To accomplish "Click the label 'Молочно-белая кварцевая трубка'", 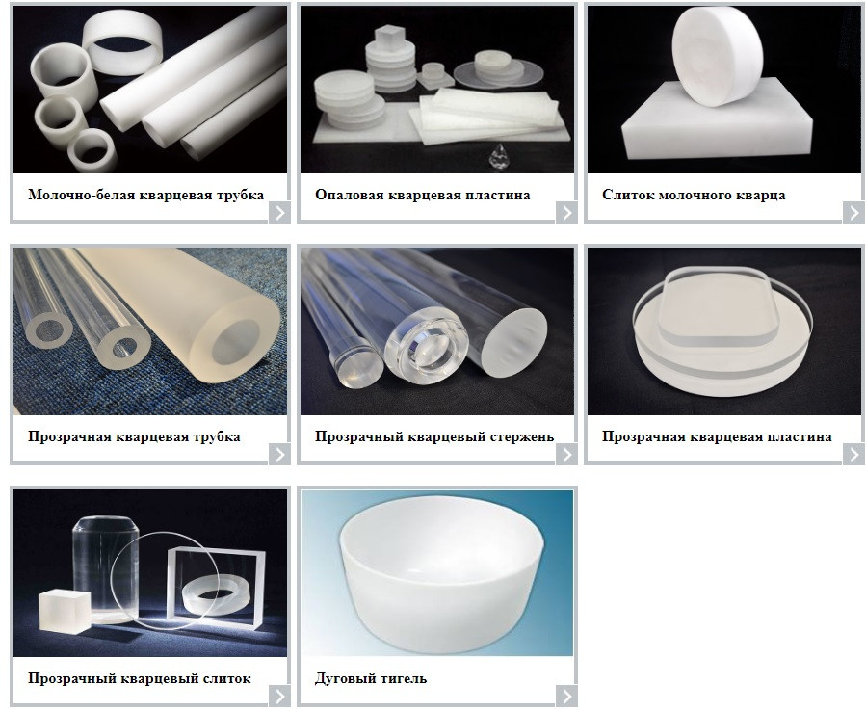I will (x=145, y=195).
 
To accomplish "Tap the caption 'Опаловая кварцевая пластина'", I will (x=422, y=195).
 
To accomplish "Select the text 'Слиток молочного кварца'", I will (x=694, y=195).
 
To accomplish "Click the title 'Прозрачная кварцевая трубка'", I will (x=134, y=436).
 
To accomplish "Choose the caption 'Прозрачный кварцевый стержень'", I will (x=433, y=436).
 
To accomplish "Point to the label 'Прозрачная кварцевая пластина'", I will (x=717, y=436).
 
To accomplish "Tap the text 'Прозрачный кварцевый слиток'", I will (x=139, y=678).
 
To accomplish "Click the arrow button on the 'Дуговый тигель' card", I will (x=566, y=696).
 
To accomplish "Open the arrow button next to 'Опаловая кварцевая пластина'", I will (x=566, y=212).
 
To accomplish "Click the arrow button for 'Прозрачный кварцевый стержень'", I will (x=566, y=454).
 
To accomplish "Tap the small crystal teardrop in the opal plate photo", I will (x=500, y=153).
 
